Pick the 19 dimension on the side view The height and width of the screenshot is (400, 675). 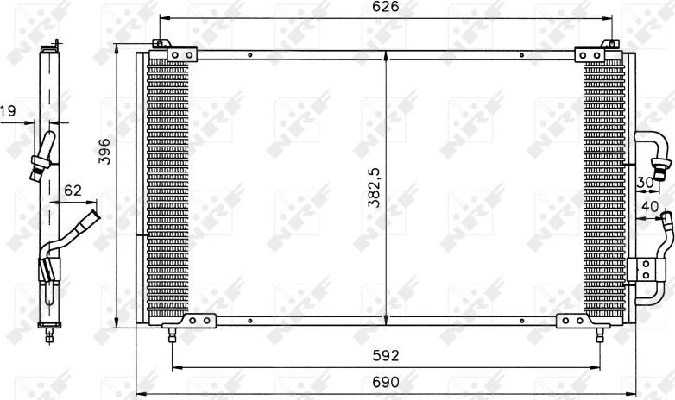[x=8, y=110]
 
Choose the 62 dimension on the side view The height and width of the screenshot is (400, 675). [x=73, y=191]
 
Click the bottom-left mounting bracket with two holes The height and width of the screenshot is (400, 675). [x=200, y=321]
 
